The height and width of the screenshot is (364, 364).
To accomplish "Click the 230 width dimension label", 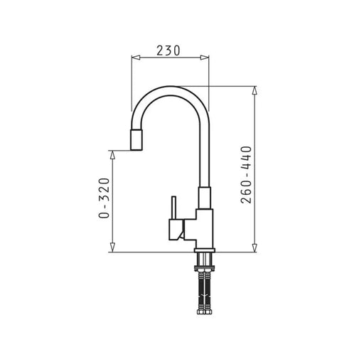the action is (168, 50).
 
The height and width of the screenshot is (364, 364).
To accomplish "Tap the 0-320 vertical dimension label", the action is (105, 198).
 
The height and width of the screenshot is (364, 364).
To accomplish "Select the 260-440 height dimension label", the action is (246, 175).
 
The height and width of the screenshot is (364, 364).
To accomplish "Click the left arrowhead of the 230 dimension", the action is (136, 58).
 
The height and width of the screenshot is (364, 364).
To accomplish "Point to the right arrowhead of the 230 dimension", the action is (205, 58).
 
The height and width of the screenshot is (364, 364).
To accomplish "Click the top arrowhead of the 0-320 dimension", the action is (113, 155).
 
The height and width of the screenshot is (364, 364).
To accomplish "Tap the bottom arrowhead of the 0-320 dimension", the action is (113, 247).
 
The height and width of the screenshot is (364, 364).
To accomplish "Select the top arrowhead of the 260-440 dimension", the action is (255, 90).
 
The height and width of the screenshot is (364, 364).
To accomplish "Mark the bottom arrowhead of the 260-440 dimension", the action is (255, 247).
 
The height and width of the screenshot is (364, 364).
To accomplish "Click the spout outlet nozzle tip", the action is (136, 140).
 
